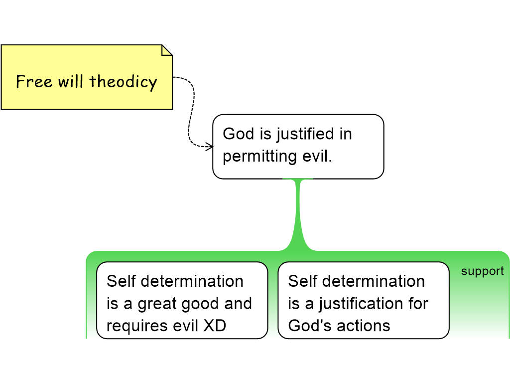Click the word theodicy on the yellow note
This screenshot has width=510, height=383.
[124, 82]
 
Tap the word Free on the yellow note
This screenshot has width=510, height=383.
[34, 81]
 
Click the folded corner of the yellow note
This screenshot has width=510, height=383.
[167, 50]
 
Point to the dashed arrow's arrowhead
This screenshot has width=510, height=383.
[209, 146]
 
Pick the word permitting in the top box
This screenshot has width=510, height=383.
[259, 156]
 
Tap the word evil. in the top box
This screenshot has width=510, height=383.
[317, 156]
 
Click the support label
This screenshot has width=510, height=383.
[482, 271]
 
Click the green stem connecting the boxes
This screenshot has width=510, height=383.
[298, 215]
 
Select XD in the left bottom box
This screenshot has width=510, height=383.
[215, 325]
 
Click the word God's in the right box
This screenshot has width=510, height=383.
[307, 325]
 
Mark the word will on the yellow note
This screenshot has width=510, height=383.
[70, 81]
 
